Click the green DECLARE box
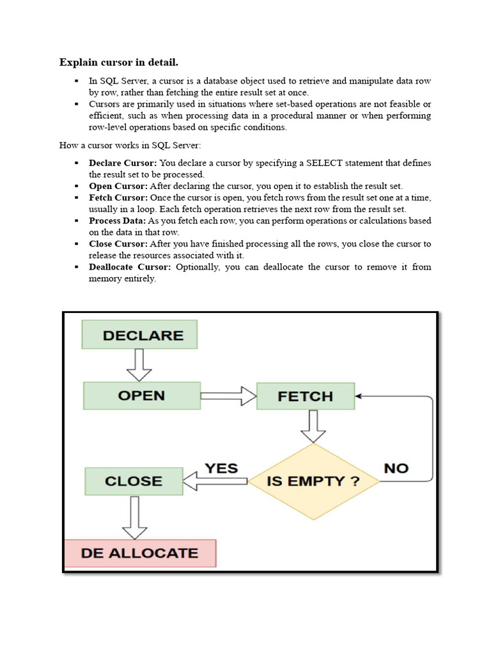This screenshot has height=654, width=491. click(139, 335)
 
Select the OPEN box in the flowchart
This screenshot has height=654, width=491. click(141, 395)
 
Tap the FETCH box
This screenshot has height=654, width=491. click(305, 396)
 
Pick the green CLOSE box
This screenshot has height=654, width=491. click(134, 481)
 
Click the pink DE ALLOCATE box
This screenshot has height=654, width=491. click(140, 553)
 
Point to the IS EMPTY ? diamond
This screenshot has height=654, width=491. click(313, 481)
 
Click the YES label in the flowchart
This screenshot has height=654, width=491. click(221, 468)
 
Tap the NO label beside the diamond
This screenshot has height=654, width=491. click(396, 468)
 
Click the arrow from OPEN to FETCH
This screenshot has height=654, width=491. click(228, 396)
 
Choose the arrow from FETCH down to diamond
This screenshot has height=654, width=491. click(313, 426)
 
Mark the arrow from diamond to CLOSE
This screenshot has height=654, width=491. click(215, 481)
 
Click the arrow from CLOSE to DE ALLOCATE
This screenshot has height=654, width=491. click(134, 517)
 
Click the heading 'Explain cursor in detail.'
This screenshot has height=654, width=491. click(119, 62)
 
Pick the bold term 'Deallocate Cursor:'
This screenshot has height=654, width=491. click(130, 266)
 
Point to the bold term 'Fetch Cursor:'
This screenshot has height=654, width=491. click(118, 197)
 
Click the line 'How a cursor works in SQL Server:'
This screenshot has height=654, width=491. click(130, 145)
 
